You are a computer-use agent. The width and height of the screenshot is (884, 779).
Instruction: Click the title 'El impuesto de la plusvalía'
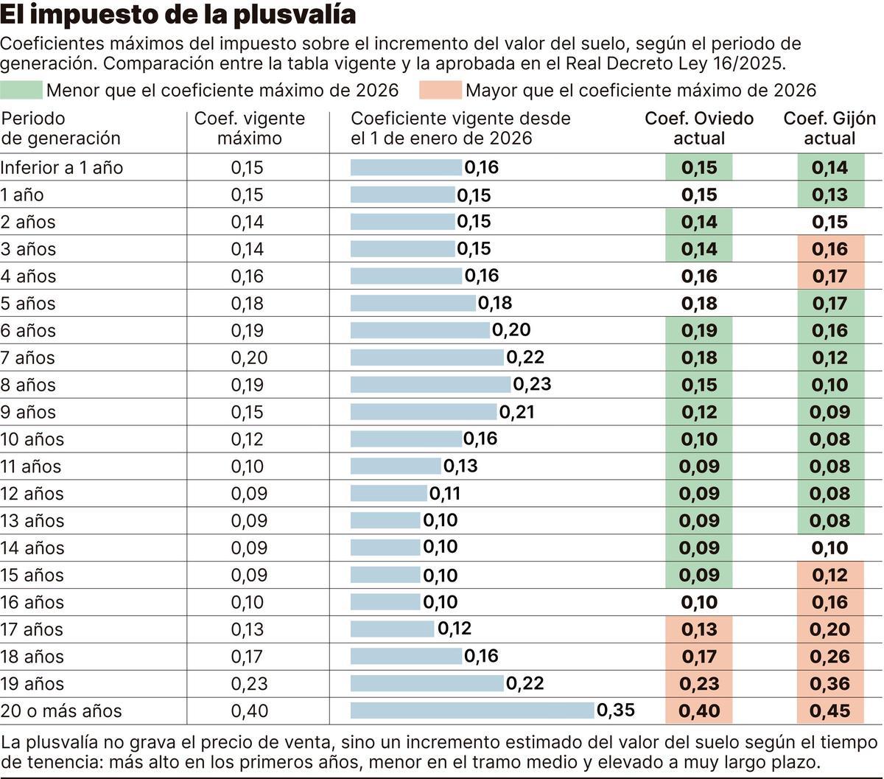click(178, 15)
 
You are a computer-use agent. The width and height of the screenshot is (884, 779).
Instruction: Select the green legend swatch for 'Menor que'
click(21, 91)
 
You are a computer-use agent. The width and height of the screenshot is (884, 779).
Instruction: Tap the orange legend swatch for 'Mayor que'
click(441, 91)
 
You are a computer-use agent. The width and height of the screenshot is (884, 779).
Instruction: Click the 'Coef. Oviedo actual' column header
click(699, 128)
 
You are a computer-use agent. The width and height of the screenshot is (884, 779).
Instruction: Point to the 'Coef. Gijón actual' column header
click(829, 128)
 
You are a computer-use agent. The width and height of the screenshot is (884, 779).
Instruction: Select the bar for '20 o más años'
click(472, 710)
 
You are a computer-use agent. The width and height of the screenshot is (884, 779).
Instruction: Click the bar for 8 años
click(430, 385)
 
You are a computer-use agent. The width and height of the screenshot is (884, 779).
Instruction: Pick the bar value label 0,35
click(615, 710)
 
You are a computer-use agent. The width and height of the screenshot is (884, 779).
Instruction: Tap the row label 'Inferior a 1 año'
click(62, 167)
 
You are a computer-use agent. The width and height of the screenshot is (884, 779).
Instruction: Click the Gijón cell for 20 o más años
click(829, 711)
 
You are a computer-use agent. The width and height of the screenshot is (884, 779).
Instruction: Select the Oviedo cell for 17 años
click(699, 629)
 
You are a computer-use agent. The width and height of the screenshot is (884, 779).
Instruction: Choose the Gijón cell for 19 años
click(829, 684)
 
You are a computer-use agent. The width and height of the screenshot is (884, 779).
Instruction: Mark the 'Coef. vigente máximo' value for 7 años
click(249, 357)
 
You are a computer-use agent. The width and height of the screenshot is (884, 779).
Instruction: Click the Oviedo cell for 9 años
click(699, 412)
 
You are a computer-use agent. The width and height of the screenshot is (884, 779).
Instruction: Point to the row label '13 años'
click(32, 520)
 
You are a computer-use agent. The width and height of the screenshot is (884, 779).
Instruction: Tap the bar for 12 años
click(388, 493)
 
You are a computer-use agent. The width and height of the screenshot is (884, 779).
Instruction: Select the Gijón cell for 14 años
click(829, 548)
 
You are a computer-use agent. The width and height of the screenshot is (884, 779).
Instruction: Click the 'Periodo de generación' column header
click(60, 128)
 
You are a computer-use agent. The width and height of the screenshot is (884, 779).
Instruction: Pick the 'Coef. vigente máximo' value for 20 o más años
click(249, 711)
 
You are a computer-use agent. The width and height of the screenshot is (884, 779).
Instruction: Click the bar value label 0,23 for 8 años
click(532, 385)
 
